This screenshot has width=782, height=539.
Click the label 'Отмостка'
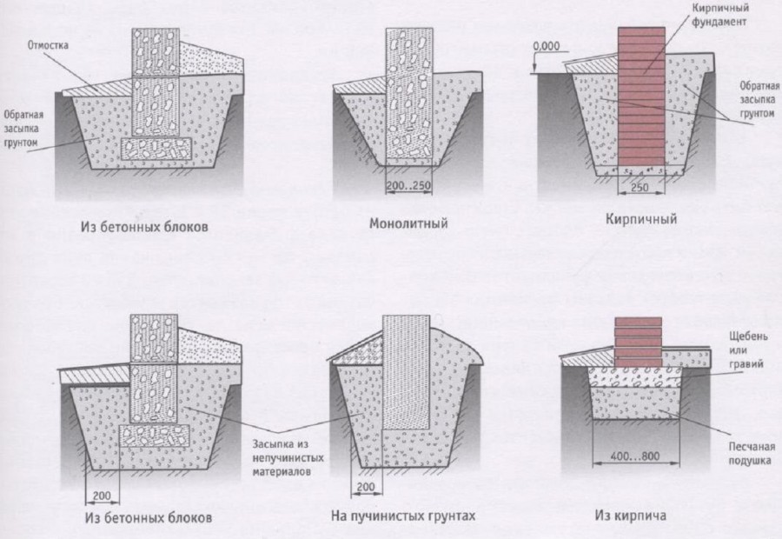pos(48,45)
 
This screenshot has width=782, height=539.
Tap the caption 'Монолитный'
pos(408,223)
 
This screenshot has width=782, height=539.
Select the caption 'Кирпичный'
pos(641,218)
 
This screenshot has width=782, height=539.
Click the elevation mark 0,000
pos(547,46)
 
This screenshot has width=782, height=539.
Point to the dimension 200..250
pos(408,186)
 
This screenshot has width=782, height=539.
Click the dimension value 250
pos(640,187)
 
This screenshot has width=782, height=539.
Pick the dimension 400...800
pos(635,456)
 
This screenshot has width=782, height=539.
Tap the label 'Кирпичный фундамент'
pos(720,15)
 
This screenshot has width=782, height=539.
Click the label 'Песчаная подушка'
pos(752,453)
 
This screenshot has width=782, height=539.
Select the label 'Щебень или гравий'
pos(747,349)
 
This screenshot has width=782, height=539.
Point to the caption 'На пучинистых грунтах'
pos(403,515)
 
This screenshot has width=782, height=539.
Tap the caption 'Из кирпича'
pos(630,515)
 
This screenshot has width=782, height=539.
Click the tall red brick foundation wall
pos(641,96)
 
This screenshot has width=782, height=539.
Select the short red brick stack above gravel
pos(638,342)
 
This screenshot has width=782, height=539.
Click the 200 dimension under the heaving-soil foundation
pos(366,487)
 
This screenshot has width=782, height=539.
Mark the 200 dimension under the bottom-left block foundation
pos(102,496)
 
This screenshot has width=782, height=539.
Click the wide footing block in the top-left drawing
pos(156,148)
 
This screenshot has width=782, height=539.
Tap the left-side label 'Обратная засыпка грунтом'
pos(23,129)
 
